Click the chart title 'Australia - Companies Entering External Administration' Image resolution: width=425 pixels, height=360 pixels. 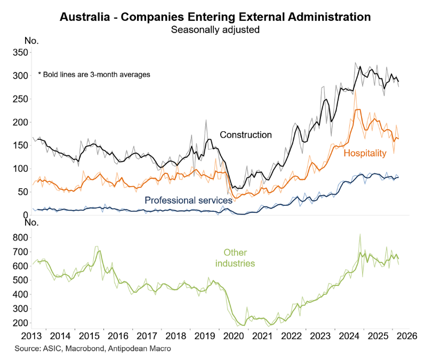(x=215, y=17)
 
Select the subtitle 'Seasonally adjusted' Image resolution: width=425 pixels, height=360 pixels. (x=215, y=30)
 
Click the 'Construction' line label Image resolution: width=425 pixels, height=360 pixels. (x=246, y=135)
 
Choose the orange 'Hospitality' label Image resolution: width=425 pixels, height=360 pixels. (x=365, y=154)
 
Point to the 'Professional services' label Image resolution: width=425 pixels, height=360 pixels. (x=188, y=201)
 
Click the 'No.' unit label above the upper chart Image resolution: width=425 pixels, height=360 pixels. (x=32, y=41)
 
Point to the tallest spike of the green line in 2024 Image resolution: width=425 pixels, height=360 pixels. (x=360, y=234)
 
